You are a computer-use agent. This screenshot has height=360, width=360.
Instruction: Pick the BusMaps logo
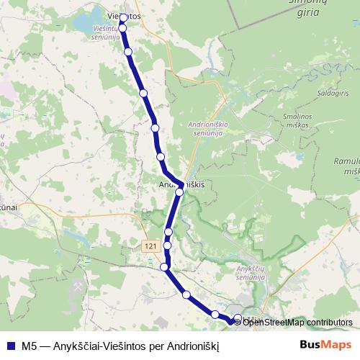pyautogui.click(x=325, y=343)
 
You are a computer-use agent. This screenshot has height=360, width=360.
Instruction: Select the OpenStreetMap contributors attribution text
pyautogui.click(x=297, y=323)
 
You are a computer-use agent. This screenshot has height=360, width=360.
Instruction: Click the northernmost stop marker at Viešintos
pyautogui.click(x=123, y=18)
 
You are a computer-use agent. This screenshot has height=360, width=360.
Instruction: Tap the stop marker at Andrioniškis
pyautogui.click(x=179, y=192)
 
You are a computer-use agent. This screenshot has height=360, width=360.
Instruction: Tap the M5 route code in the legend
pyautogui.click(x=30, y=345)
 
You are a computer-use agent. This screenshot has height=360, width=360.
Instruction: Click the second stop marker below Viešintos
pyautogui.click(x=128, y=52)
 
